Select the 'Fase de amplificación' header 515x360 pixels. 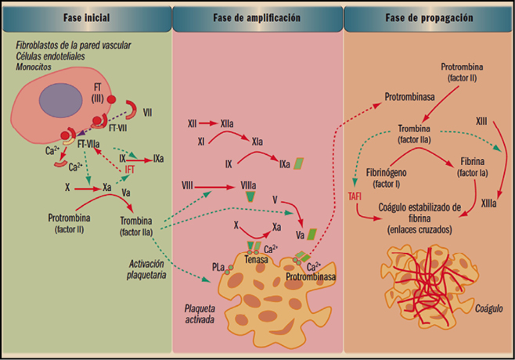257,16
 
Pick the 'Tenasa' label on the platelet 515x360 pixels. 256,260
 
